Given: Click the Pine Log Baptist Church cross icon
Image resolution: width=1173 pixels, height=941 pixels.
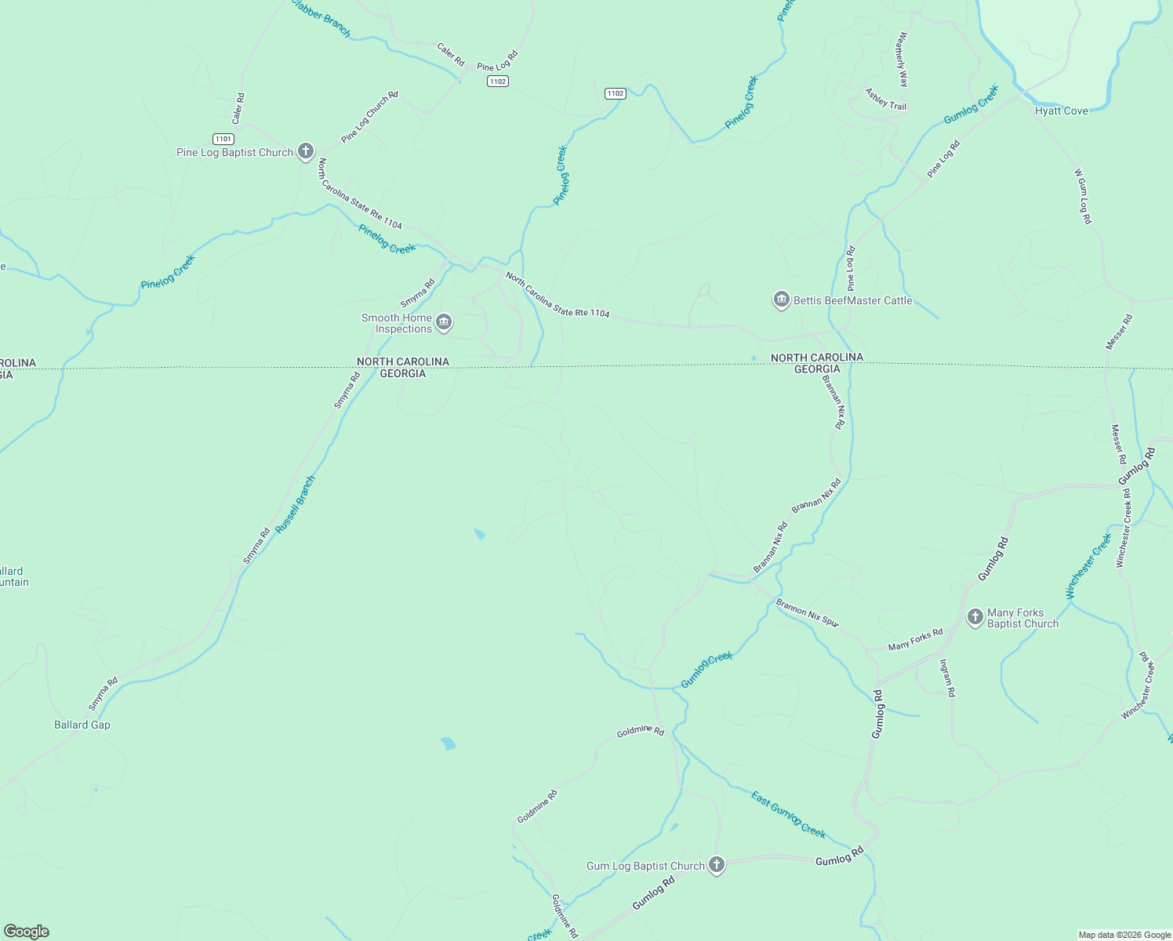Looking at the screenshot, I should coord(306,151).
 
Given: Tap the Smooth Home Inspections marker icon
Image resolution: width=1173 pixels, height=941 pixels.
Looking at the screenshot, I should coord(444,323).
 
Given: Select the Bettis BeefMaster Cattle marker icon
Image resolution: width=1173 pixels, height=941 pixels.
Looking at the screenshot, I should coord(781,300).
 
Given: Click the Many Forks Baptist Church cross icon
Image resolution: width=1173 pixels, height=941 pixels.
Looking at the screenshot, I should coord(975,617).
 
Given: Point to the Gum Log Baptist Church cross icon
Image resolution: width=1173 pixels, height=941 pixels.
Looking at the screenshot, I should coord(716,865).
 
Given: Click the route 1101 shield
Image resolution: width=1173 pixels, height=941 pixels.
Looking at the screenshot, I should coord(223,139).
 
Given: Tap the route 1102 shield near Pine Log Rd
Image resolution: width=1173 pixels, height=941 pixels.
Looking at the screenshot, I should coord(497,82).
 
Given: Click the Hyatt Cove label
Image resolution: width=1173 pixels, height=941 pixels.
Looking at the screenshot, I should coord(1061,111).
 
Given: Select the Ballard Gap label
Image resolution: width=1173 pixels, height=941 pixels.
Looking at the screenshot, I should coord(82,725).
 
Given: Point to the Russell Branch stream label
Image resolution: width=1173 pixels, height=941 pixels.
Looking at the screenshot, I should coord(296,505).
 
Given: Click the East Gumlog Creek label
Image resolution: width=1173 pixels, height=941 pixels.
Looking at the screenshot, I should coord(788,814).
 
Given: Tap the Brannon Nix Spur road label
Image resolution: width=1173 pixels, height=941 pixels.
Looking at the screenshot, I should coord(808,612).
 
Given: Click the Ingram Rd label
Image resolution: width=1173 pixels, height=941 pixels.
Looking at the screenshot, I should coord(947,678).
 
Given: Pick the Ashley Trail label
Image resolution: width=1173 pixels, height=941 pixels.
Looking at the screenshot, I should coord(885,99).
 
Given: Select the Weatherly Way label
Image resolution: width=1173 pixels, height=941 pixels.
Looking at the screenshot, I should coord(902,59).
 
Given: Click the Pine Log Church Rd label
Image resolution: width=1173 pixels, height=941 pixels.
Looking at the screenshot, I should coord(370,117).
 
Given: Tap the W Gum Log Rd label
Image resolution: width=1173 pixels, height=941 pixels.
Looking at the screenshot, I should coord(1083,196).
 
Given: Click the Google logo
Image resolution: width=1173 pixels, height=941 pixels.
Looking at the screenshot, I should coord(26,932).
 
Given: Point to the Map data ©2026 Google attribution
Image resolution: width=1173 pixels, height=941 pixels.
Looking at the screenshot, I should coord(1124,935).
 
